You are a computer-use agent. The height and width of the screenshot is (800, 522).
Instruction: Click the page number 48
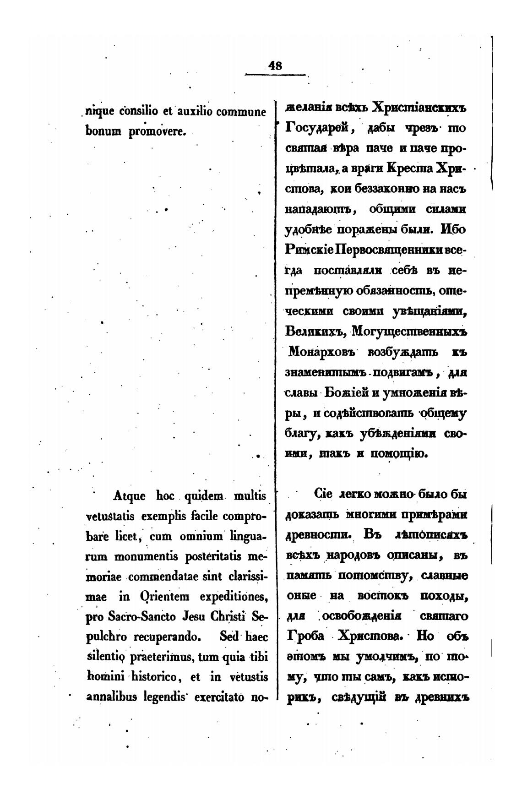point(276,65)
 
